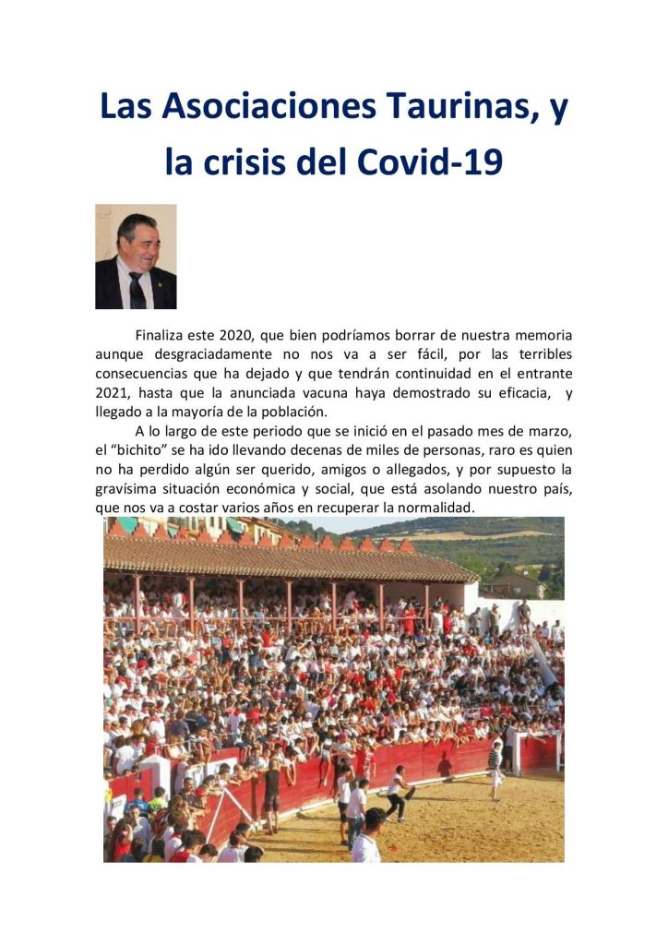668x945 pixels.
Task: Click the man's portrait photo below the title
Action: tap(136, 257)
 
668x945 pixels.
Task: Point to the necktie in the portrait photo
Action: tap(137, 290)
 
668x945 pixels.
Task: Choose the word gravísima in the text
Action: tap(129, 488)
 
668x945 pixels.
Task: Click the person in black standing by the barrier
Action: tap(272, 789)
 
